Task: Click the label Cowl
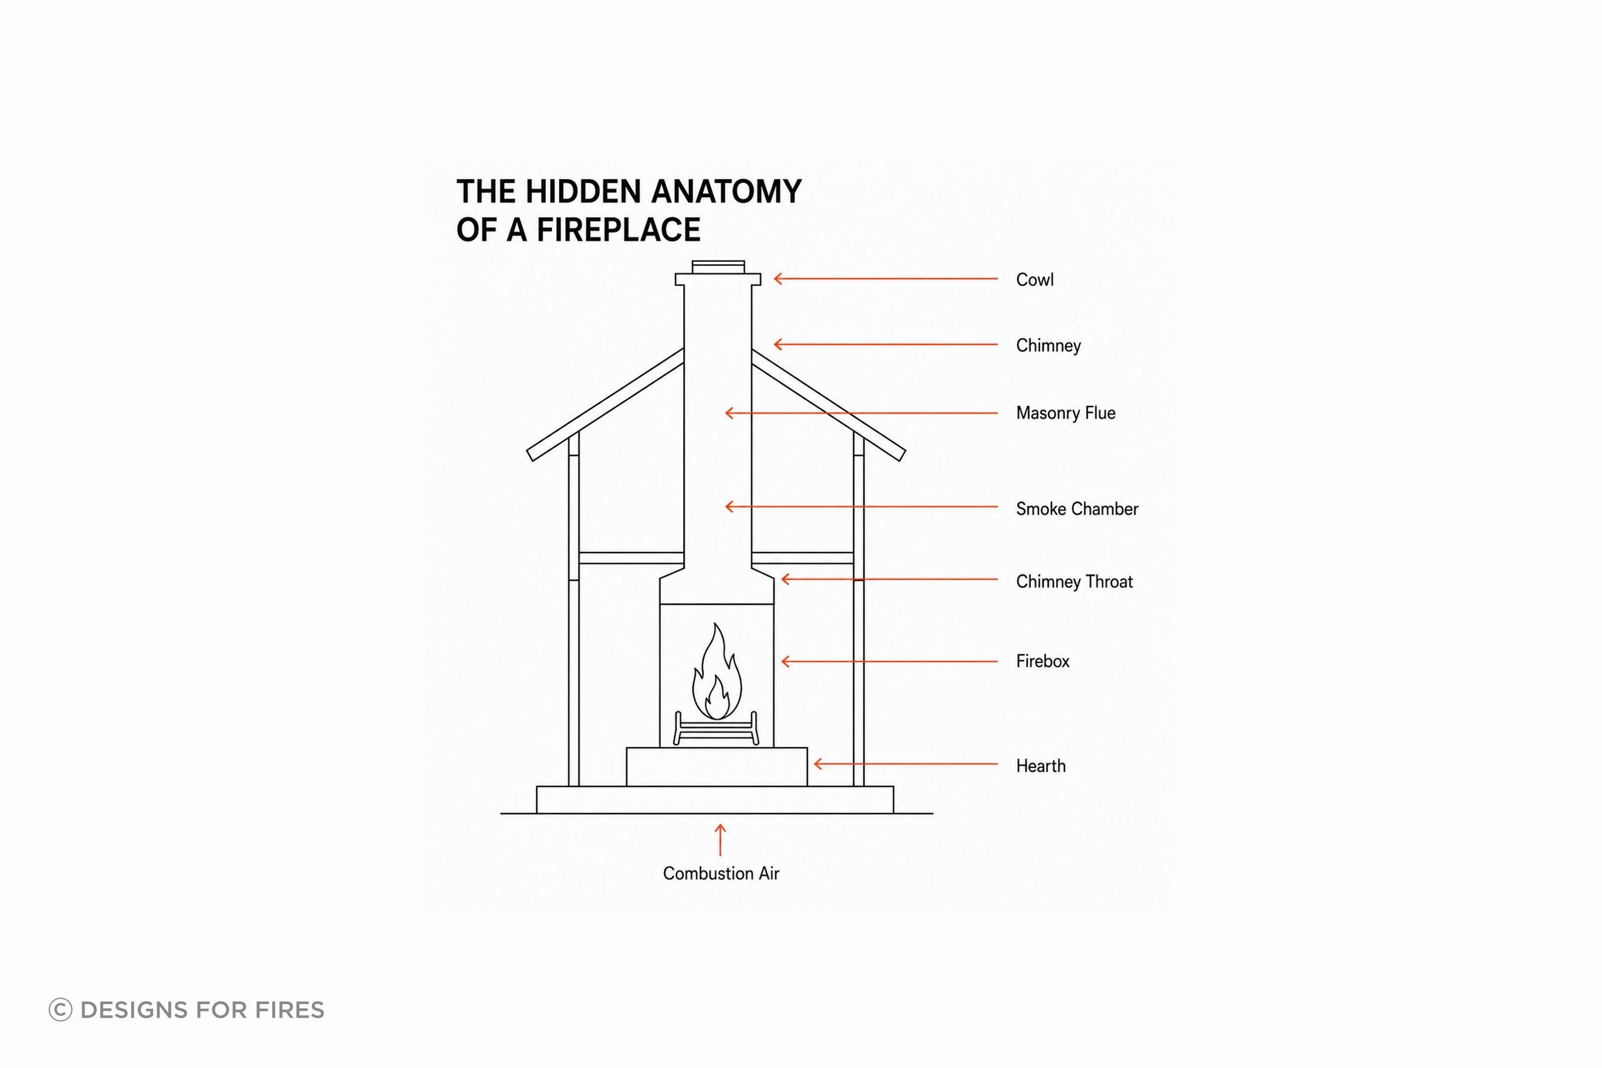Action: click(1034, 279)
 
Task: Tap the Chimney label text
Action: click(1048, 345)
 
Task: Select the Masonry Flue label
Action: click(1065, 413)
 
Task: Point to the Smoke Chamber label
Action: click(1077, 509)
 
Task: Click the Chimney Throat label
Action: click(1074, 582)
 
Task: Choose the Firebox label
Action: click(1042, 661)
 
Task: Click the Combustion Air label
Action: click(721, 873)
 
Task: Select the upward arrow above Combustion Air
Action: click(720, 840)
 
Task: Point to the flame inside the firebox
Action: click(716, 671)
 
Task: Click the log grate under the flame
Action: click(715, 728)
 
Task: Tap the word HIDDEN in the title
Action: click(583, 191)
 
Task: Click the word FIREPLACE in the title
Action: click(619, 229)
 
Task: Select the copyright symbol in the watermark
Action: click(60, 1009)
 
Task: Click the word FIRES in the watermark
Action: click(289, 1010)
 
